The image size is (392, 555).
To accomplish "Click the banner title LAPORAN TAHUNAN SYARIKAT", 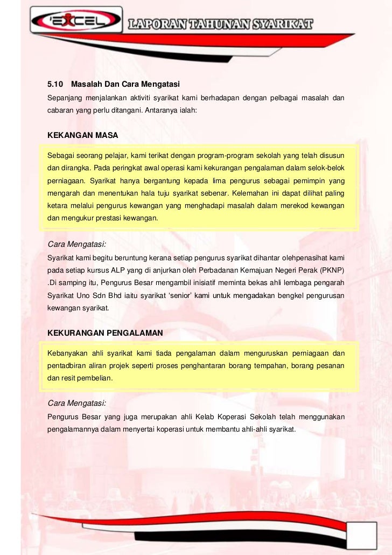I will click(220, 24).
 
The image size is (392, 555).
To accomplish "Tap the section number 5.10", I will click(55, 85).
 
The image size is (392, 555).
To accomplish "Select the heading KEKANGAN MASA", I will click(83, 135).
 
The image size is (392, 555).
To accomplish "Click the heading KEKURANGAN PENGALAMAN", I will click(105, 334).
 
